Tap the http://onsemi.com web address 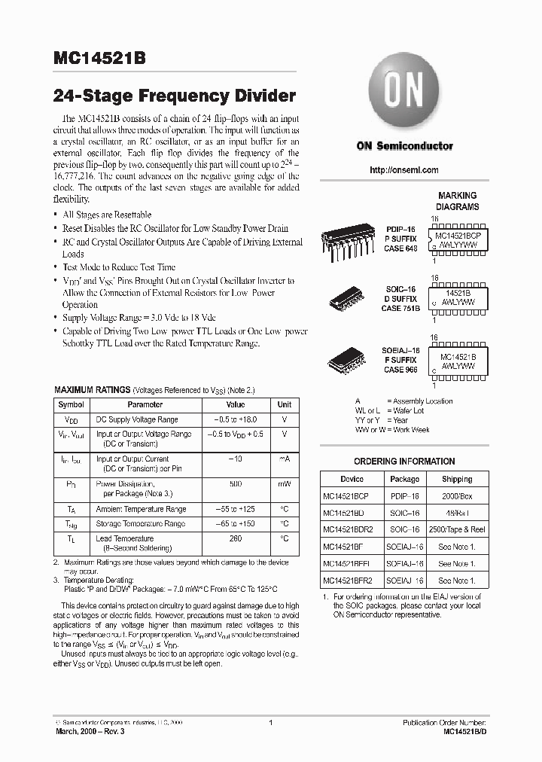point(404,170)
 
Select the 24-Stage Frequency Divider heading point(175,96)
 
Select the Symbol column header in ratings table point(72,404)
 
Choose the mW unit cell point(284,483)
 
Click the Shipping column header point(457,479)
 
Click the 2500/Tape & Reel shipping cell point(457,529)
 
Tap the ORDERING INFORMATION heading point(404,462)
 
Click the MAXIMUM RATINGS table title point(93,390)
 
